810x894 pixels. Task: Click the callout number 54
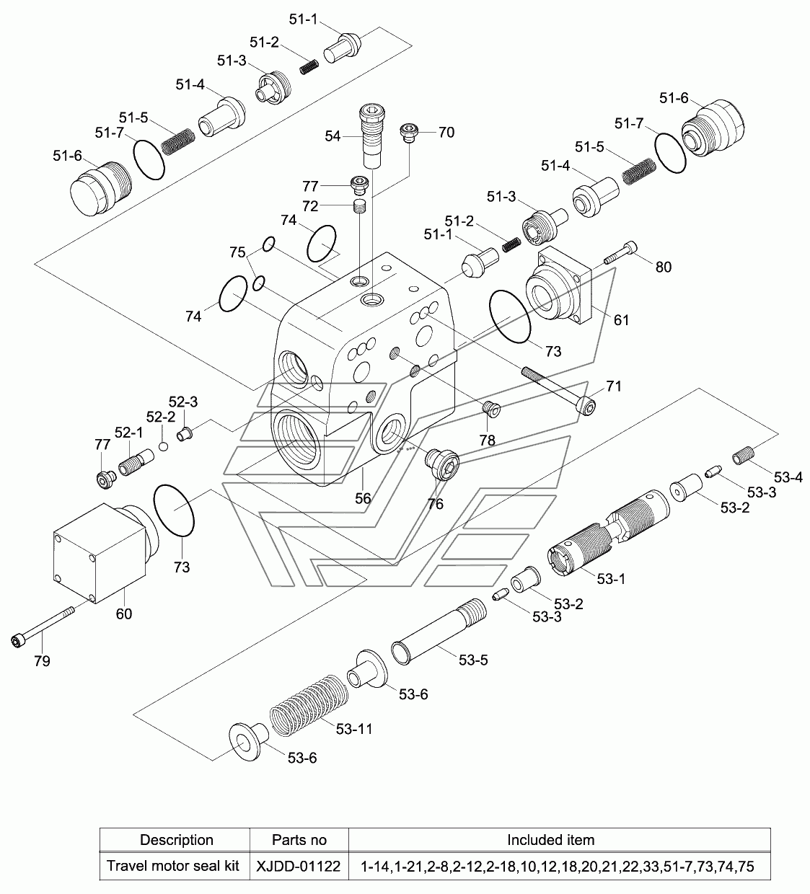[x=333, y=136]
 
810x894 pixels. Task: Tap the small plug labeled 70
[x=409, y=132]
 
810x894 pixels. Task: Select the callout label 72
[x=310, y=206]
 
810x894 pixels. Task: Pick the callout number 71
[x=613, y=387]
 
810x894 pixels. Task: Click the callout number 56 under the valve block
[x=363, y=498]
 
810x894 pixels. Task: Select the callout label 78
[x=487, y=440]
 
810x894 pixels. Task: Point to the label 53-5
[x=473, y=660]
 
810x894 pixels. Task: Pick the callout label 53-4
[x=788, y=477]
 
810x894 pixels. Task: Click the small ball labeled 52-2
[x=164, y=447]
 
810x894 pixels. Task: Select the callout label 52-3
[x=183, y=402]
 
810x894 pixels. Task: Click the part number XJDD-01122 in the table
[x=299, y=866]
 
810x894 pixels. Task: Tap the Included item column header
[x=550, y=839]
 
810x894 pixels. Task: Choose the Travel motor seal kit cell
[x=173, y=866]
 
